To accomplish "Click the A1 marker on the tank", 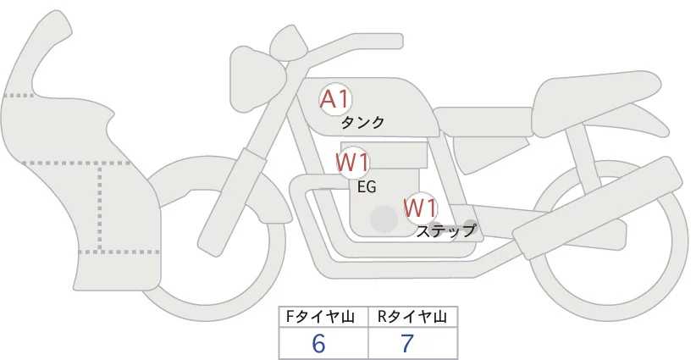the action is coord(335,99).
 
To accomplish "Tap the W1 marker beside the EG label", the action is coord(351,162).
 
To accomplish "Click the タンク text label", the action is coord(362,123).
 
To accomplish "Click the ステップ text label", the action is coord(446,230).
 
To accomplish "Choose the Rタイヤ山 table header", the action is coord(412,317).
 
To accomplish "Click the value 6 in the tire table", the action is coord(319,343).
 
